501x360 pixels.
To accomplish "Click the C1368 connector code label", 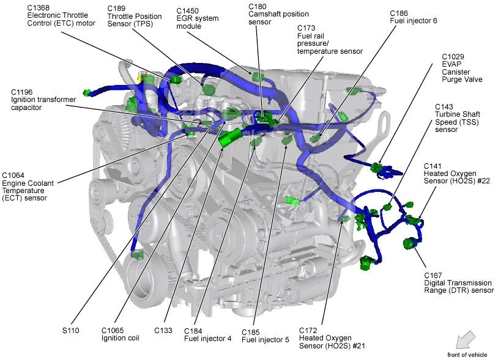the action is tap(40, 7).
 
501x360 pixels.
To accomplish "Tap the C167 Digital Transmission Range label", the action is tap(458, 283).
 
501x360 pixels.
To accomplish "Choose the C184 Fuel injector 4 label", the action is tap(208, 334).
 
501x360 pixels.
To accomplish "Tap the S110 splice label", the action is tap(71, 331).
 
